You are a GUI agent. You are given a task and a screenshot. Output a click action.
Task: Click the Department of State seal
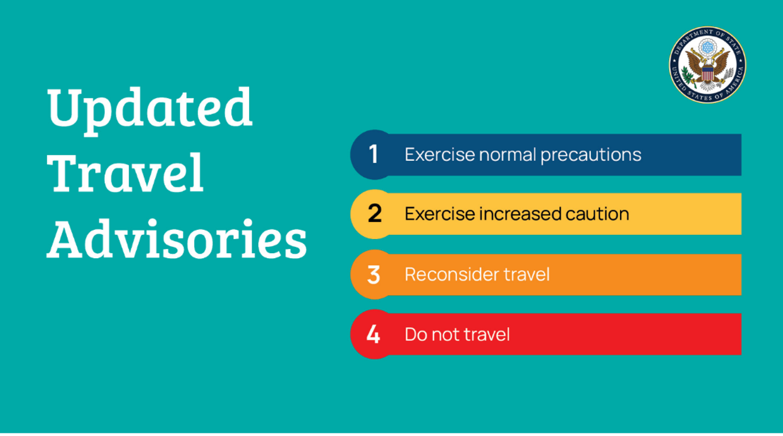707,65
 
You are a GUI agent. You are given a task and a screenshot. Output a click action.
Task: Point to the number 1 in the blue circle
373,154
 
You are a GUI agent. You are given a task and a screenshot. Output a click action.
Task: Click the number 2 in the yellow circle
375,214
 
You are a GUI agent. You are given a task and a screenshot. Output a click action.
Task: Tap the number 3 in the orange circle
373,274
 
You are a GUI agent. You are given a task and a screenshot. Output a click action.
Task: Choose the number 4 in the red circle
373,334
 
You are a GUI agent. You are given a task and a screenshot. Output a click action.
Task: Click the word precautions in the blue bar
591,155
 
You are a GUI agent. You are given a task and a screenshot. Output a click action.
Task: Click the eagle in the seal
707,68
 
